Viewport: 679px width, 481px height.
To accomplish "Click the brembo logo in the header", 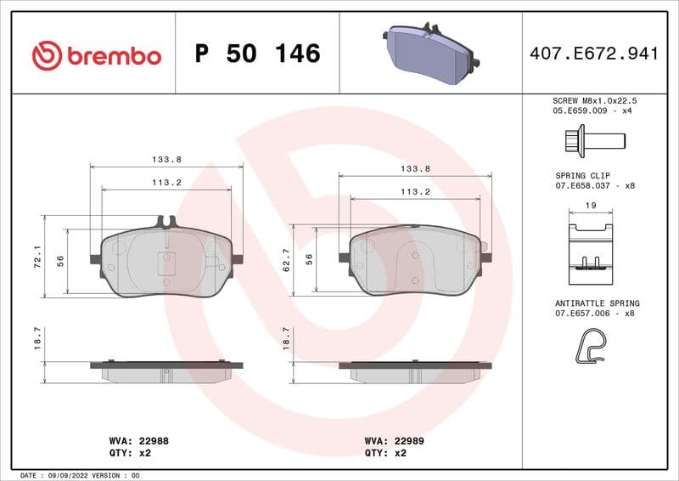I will pos(96,56).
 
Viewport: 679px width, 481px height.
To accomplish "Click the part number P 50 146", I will pos(257,54).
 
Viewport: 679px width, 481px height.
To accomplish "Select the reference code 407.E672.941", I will pos(593,54).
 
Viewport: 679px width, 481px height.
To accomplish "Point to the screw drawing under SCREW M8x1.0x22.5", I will pos(593,139).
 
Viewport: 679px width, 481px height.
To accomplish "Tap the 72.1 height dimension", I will pos(36,257).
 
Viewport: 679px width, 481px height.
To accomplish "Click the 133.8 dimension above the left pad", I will pos(166,160).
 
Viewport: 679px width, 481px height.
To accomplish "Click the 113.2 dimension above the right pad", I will pos(415,192).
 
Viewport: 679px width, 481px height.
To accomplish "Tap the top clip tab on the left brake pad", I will pos(166,222).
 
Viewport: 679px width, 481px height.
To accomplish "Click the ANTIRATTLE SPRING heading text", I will pos(598,303).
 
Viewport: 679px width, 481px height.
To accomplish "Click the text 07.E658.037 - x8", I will pos(595,184).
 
